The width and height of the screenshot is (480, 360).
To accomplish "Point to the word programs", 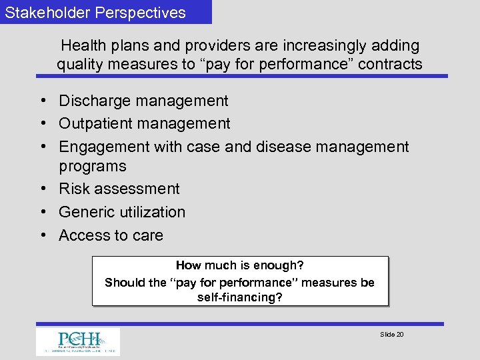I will click(x=92, y=166).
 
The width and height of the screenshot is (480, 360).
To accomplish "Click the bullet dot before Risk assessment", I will click(x=41, y=189).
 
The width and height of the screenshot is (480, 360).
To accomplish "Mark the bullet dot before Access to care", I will click(x=41, y=235).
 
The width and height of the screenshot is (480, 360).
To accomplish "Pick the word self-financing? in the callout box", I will click(x=240, y=297).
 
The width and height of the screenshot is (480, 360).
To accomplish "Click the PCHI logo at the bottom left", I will click(x=78, y=341).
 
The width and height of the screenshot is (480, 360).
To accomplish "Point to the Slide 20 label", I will click(x=391, y=334).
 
